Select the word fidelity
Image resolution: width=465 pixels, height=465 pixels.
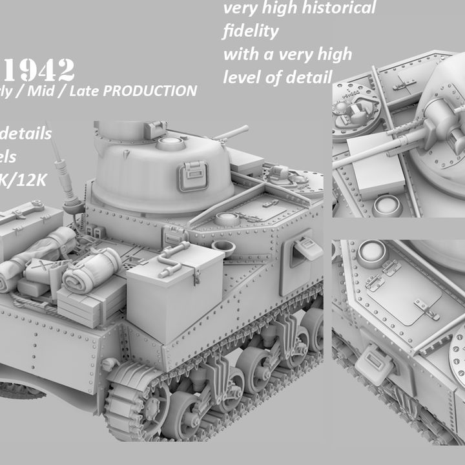pos(251,31)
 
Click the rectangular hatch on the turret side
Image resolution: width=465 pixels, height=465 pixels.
pos(192,175)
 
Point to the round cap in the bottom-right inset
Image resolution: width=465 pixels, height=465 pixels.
pos(371,253)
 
